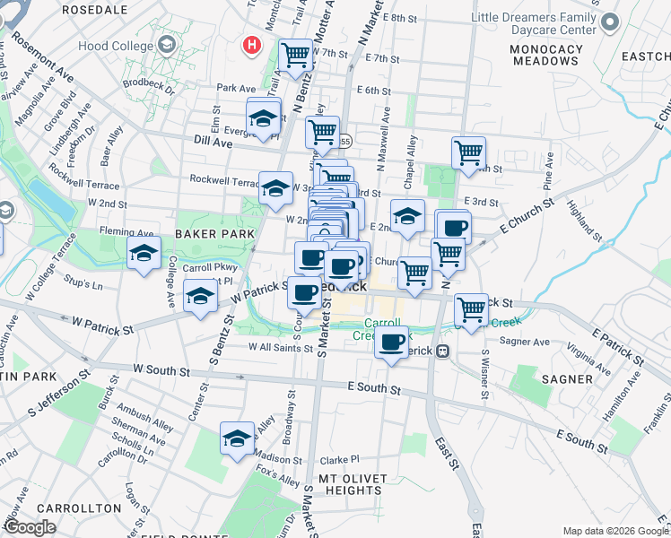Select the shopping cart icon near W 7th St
point(295,56)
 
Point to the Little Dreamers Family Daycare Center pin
point(610,22)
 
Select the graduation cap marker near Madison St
point(237,438)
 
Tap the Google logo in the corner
point(30,527)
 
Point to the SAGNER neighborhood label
point(567,378)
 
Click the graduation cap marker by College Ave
point(144,254)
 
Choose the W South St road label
point(161,369)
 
